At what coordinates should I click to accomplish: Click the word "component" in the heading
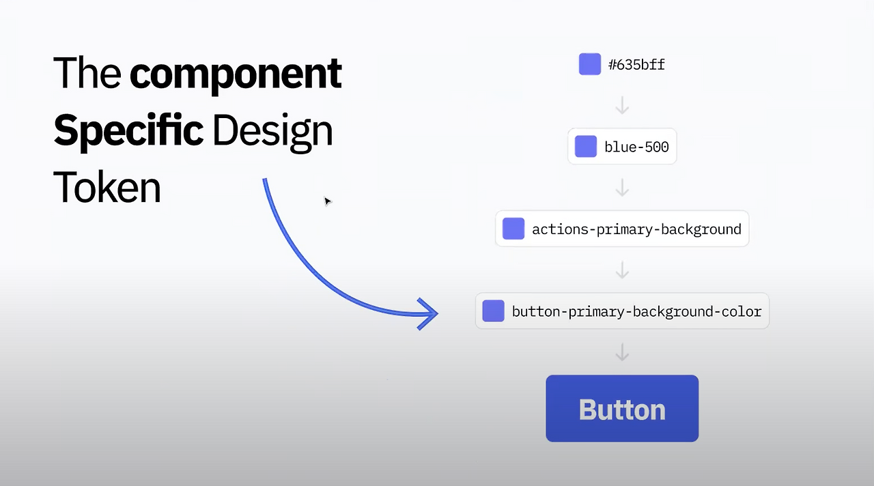click(x=236, y=74)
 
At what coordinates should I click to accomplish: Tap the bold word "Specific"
click(x=128, y=130)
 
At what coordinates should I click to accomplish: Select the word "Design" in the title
click(x=272, y=132)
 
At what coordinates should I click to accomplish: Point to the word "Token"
click(x=107, y=187)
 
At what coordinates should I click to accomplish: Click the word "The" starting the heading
click(x=87, y=74)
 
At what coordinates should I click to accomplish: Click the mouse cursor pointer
click(x=327, y=201)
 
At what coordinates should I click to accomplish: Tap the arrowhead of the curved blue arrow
click(x=429, y=314)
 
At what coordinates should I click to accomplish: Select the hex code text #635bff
click(x=636, y=65)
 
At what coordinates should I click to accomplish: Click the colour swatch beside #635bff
click(x=590, y=64)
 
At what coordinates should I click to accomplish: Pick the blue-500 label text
click(x=636, y=147)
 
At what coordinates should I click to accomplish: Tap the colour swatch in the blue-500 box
click(x=586, y=146)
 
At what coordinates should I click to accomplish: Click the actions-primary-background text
click(x=636, y=229)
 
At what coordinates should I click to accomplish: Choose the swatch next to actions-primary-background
click(x=513, y=229)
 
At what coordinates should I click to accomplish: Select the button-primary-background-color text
click(x=636, y=312)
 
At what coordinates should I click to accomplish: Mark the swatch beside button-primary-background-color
click(x=494, y=311)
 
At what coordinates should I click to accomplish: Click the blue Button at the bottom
click(x=622, y=408)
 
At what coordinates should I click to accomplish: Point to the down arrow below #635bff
click(x=622, y=106)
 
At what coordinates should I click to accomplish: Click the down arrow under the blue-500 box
click(x=622, y=188)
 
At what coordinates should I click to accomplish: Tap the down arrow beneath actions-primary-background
click(x=622, y=270)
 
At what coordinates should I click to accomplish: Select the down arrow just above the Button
click(x=622, y=352)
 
